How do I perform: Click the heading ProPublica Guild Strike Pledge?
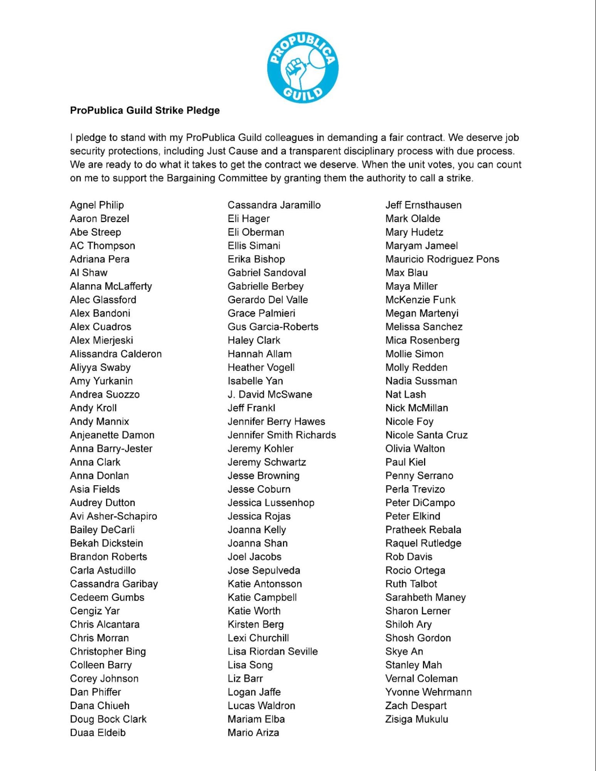(145, 110)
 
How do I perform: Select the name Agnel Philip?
(97, 205)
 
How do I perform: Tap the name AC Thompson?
(103, 246)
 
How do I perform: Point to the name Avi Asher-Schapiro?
(113, 516)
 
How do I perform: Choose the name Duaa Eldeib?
(98, 732)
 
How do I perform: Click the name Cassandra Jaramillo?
(274, 205)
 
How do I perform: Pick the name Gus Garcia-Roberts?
(273, 327)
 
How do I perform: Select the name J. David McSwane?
(270, 394)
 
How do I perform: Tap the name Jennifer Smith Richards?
(282, 435)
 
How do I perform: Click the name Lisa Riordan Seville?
(273, 651)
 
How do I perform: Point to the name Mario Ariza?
(253, 732)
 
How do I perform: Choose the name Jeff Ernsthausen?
(423, 205)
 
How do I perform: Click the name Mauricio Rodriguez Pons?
(442, 259)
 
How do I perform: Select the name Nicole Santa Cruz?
(426, 435)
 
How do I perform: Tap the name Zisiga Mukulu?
(417, 719)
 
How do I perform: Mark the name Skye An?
(404, 651)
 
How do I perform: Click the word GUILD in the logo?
(303, 93)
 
